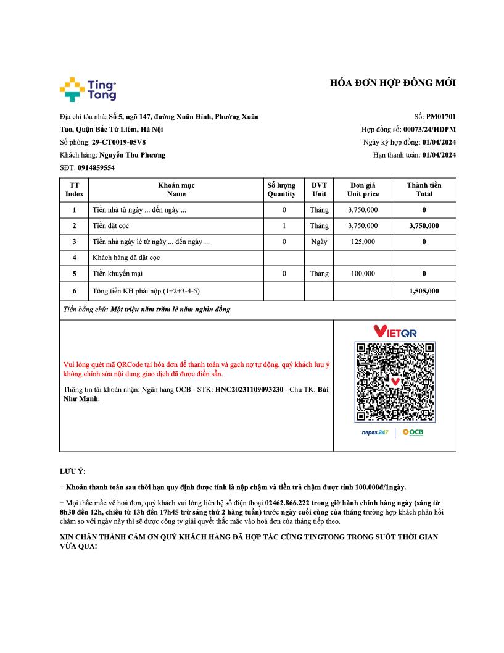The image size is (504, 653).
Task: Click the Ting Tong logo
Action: click(88, 90)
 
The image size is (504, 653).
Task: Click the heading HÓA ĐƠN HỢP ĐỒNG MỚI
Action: click(393, 83)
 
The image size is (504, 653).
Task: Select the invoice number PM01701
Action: click(441, 116)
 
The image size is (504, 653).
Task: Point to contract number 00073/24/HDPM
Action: click(429, 129)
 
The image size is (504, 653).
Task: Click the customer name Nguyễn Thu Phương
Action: click(132, 155)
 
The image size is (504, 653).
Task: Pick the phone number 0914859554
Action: click(96, 167)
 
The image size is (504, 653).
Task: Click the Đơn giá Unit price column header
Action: click(363, 189)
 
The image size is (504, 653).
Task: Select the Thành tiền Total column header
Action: click(424, 189)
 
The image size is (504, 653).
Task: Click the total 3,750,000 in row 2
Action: click(424, 225)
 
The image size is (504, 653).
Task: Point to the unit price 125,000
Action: click(363, 242)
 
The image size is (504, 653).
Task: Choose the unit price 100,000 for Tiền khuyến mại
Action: click(363, 273)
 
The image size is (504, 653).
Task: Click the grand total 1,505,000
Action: click(424, 290)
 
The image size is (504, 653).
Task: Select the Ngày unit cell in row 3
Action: click(319, 242)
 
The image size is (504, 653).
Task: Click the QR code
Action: click(395, 381)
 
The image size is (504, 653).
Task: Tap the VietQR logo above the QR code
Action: click(395, 332)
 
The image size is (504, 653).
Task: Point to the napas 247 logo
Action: click(375, 432)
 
